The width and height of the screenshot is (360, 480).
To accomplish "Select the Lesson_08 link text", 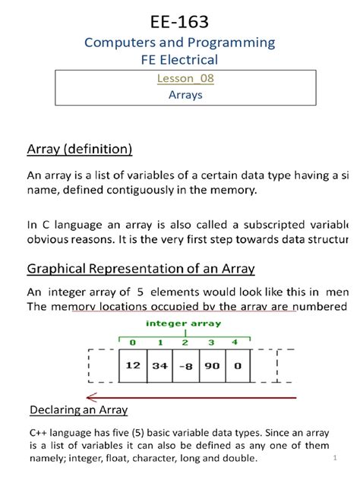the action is (179, 79).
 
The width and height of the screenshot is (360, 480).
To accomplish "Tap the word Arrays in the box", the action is (179, 95).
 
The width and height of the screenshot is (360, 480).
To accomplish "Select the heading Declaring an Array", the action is (78, 411).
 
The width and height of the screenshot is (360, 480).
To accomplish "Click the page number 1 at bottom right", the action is (334, 459).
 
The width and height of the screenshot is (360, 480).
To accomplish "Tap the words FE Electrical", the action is (179, 59).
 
